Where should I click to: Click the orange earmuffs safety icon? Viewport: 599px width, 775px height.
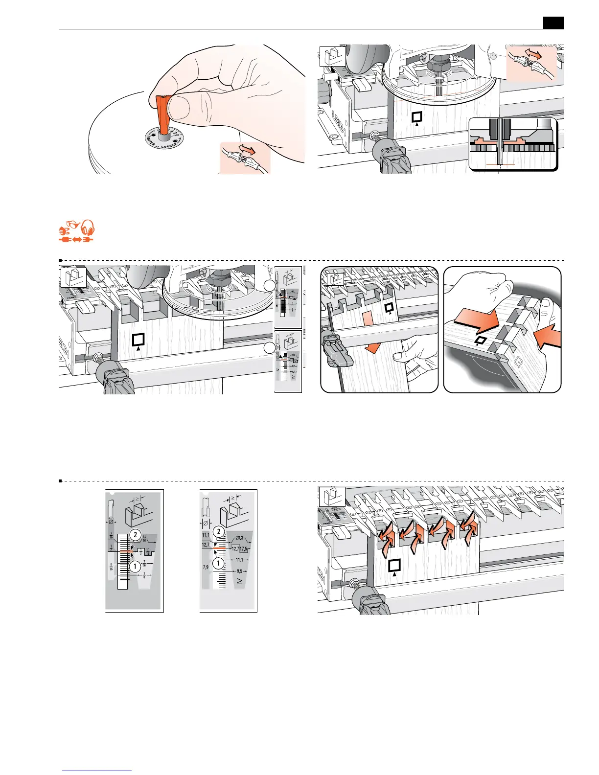88,228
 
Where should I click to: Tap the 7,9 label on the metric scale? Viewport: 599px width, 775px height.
206,568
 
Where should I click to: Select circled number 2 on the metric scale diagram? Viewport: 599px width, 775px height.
218,532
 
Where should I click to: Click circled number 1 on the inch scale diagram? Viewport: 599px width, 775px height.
135,567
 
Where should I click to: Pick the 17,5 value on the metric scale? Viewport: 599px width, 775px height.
246,549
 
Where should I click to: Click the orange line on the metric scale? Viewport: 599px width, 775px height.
219,548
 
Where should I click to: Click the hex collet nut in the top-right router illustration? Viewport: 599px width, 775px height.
435,64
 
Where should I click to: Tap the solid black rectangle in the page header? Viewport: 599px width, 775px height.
553,23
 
